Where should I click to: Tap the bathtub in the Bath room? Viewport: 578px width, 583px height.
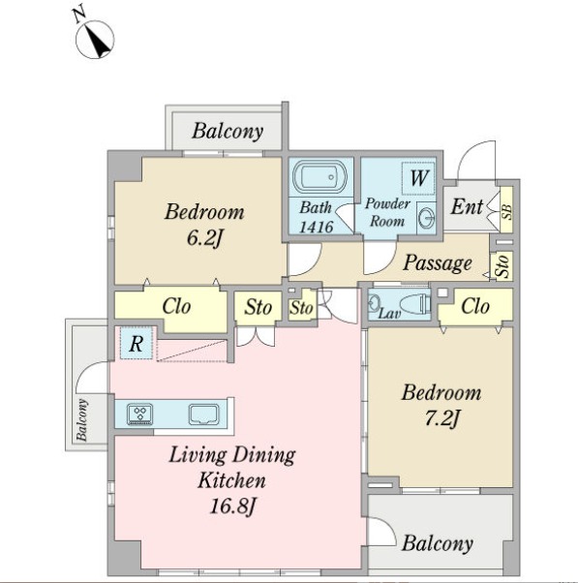[319, 177]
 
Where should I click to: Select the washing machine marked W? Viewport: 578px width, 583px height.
[418, 178]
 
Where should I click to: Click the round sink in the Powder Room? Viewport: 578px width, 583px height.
[426, 218]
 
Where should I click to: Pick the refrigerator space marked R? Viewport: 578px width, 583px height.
[137, 343]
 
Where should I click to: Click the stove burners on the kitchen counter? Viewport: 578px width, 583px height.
[139, 414]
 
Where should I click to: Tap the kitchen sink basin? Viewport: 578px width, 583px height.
[203, 414]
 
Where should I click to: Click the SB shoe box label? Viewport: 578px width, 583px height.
[506, 211]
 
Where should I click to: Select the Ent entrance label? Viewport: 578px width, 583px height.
[467, 206]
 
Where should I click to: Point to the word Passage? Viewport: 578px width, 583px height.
[438, 263]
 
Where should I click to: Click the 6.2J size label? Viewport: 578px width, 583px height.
[204, 238]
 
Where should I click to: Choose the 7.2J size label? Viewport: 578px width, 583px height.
[441, 418]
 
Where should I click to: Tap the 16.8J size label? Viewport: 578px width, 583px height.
[232, 506]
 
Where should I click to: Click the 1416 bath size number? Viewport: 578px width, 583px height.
[317, 227]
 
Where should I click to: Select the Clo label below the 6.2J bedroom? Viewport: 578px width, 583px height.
[176, 307]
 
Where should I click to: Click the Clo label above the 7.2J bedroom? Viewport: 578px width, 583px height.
[475, 307]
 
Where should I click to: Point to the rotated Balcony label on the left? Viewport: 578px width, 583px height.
[82, 419]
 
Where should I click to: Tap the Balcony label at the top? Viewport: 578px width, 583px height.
[228, 132]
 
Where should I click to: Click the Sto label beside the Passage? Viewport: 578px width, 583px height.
[503, 265]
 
